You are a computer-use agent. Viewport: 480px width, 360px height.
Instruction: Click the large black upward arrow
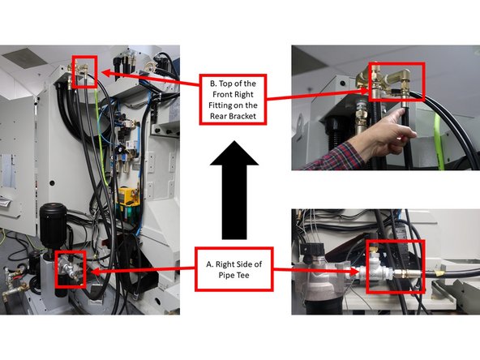[239, 186]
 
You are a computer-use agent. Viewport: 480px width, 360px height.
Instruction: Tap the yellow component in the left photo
[127, 197]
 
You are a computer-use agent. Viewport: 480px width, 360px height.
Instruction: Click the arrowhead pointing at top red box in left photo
[104, 74]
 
